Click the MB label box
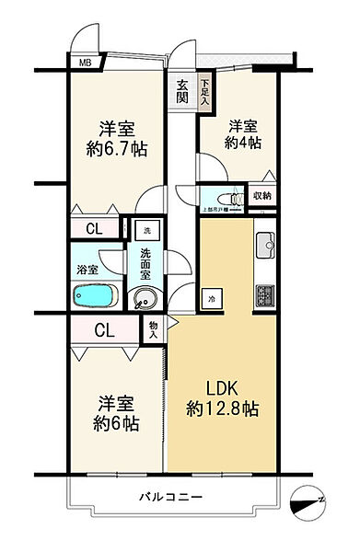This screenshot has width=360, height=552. pos(85,63)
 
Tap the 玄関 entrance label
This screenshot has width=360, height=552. pos(183,90)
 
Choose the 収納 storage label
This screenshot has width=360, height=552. pos(261,196)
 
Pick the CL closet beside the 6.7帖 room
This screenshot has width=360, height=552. pos(94,229)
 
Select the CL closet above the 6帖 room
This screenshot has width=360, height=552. pos(103,330)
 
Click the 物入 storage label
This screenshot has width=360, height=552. pos(153,328)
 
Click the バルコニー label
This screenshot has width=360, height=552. pos(171,497)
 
